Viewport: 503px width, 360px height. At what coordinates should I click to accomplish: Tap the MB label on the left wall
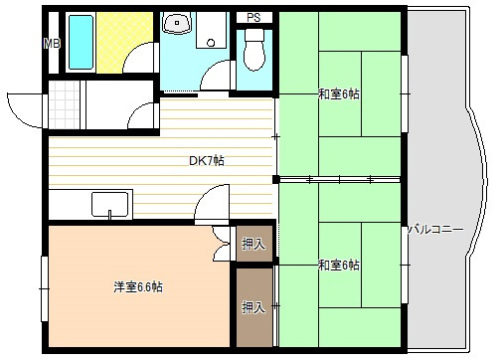[51, 43]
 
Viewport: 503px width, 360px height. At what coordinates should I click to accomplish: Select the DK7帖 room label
[206, 161]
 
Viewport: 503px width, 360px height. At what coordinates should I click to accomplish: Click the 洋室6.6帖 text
[137, 287]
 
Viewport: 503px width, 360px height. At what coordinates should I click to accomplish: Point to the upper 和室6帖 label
[339, 94]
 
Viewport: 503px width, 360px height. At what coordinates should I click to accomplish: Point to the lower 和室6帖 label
[339, 265]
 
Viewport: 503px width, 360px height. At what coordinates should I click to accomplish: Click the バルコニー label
[436, 230]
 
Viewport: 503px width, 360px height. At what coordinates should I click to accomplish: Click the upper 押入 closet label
[253, 244]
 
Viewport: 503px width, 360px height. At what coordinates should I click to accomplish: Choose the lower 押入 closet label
[253, 307]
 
